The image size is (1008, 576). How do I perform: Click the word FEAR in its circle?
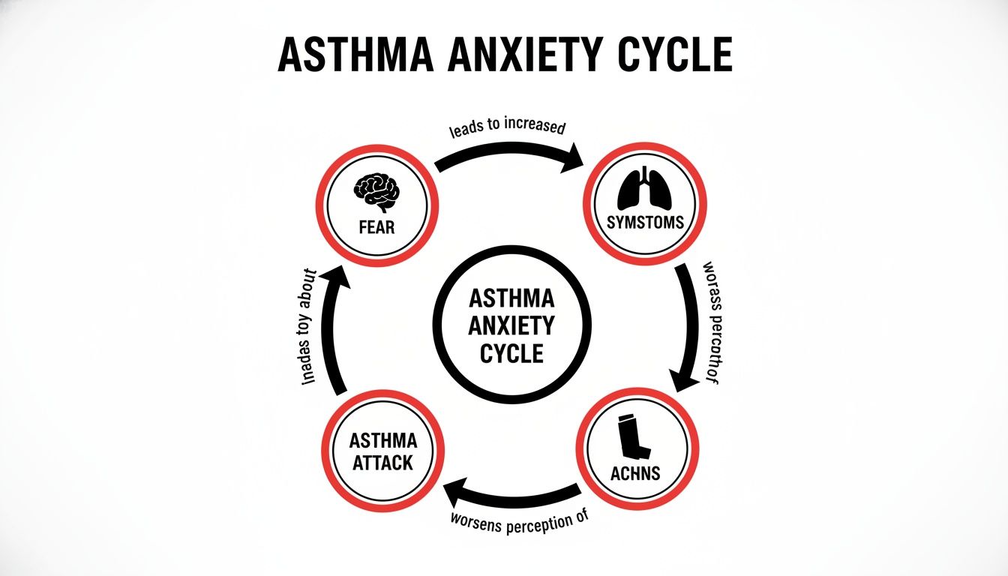click(x=377, y=226)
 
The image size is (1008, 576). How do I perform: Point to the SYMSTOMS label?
click(x=646, y=223)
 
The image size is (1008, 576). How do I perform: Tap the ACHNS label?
click(x=634, y=473)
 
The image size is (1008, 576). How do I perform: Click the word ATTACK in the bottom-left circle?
click(x=382, y=462)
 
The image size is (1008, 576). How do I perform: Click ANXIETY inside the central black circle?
click(x=511, y=325)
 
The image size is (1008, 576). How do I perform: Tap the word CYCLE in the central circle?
click(x=511, y=352)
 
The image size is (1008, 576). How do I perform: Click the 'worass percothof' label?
click(x=709, y=324)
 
